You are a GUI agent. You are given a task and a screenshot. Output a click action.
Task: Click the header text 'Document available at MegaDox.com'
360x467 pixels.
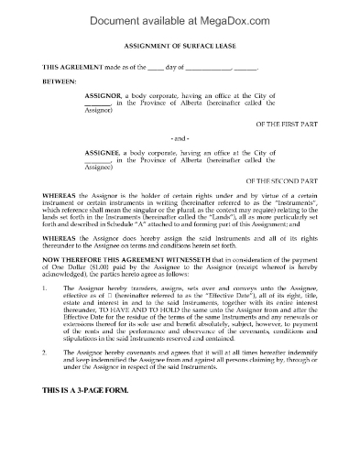coord(180,13)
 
